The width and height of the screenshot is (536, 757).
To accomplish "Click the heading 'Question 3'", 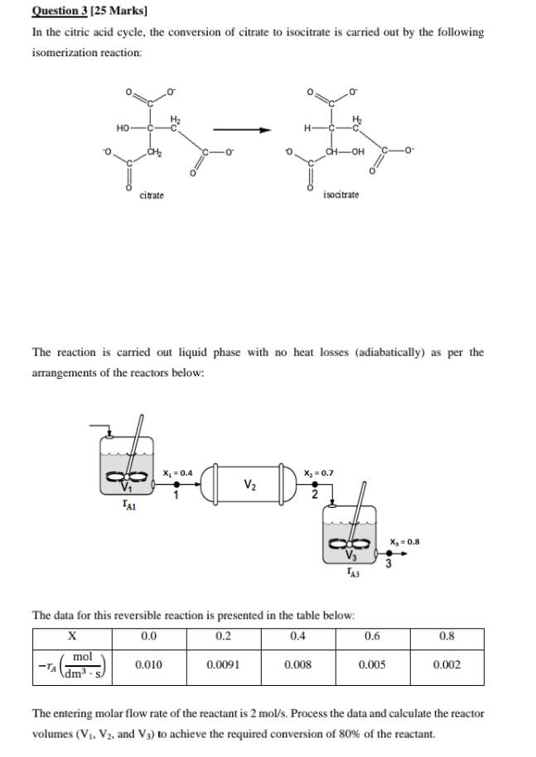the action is tap(60, 11).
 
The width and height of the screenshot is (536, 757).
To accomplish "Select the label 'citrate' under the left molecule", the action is tap(152, 195).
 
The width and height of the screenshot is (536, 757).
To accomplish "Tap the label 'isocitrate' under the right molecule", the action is tap(340, 194).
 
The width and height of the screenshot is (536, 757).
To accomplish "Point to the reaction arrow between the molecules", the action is tap(242, 129).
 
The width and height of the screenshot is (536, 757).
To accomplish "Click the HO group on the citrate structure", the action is tap(123, 128).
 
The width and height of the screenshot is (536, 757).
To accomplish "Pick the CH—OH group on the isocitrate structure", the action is tap(345, 152).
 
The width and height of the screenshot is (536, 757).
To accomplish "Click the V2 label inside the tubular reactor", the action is tap(250, 484).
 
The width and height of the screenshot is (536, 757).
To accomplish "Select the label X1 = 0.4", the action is tap(178, 472).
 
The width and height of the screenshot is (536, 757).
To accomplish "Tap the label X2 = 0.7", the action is tap(318, 473).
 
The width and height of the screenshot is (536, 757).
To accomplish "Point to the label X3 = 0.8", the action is tap(405, 542).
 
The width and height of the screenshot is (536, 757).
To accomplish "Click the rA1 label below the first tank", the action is tap(129, 505).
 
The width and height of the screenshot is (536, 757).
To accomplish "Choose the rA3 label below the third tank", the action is tap(353, 573).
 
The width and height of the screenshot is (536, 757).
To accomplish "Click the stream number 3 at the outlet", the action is tap(388, 563).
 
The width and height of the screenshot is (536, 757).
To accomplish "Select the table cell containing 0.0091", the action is tap(224, 665).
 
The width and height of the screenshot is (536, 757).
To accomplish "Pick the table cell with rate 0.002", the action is tap(447, 665).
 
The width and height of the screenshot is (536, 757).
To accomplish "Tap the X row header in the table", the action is tap(72, 636).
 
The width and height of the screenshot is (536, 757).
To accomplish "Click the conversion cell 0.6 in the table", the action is tap(372, 636).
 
